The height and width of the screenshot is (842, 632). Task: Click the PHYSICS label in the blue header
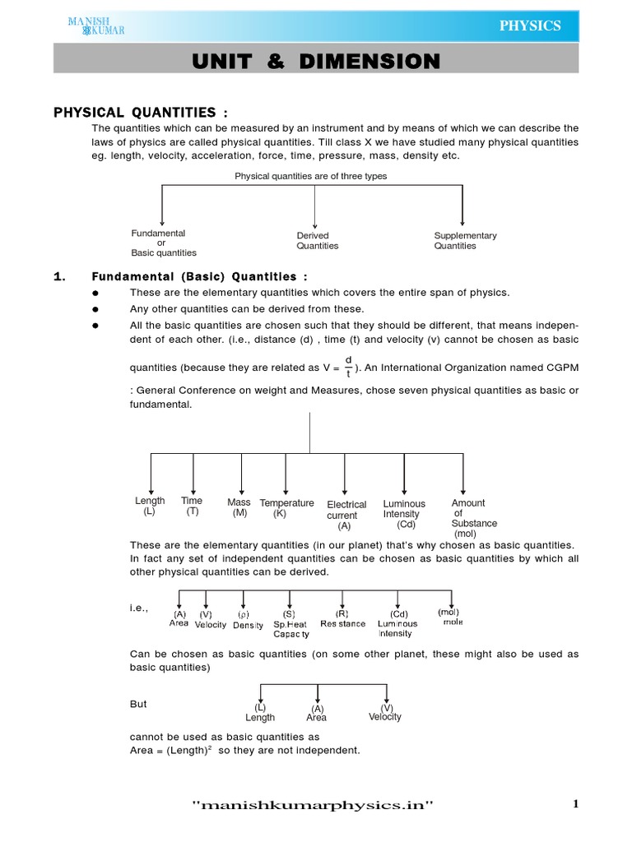pos(530,25)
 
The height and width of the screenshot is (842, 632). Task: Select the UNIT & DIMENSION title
pos(316,62)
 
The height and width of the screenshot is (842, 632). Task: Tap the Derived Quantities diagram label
pos(317,241)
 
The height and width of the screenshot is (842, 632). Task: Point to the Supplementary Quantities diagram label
pos(465,241)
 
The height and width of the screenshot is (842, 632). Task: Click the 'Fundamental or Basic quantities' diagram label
pos(164,243)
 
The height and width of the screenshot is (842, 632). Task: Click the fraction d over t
pos(348,366)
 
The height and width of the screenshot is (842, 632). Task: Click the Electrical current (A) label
pos(346,515)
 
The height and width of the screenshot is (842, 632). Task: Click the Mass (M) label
pos(239,507)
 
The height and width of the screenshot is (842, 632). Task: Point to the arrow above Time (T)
pos(193,474)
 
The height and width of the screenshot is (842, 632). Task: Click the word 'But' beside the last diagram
pos(139,705)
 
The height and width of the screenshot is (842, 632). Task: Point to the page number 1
pos(576,804)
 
